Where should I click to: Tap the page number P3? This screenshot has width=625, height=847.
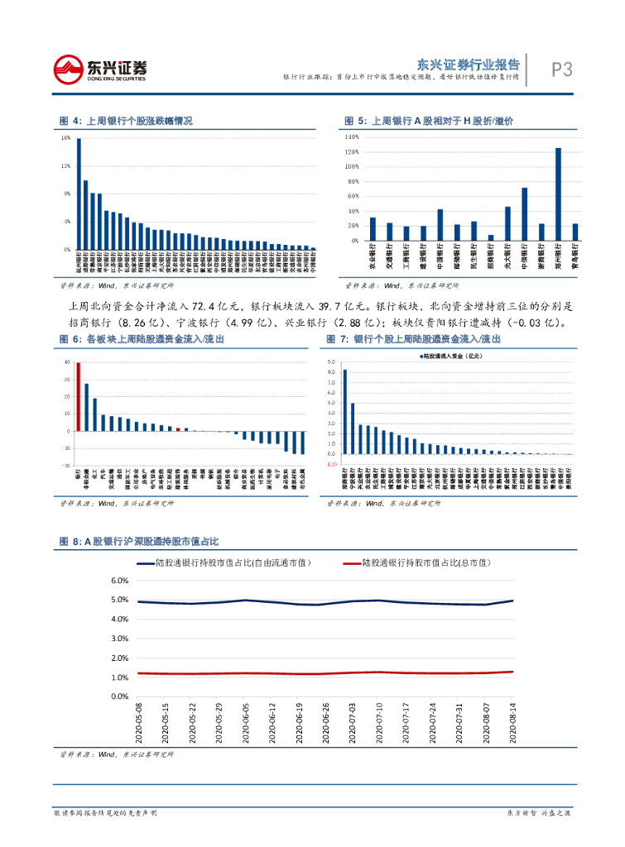[562, 69]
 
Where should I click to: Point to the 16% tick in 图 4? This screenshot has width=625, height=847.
[65, 138]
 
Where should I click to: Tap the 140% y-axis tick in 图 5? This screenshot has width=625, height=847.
[351, 136]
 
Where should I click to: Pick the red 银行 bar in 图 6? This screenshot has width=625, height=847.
[78, 396]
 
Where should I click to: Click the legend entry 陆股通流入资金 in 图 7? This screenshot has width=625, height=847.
[451, 356]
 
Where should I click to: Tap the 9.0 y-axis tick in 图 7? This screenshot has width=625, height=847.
[331, 362]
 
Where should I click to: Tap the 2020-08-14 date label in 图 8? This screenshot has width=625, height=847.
[513, 723]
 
